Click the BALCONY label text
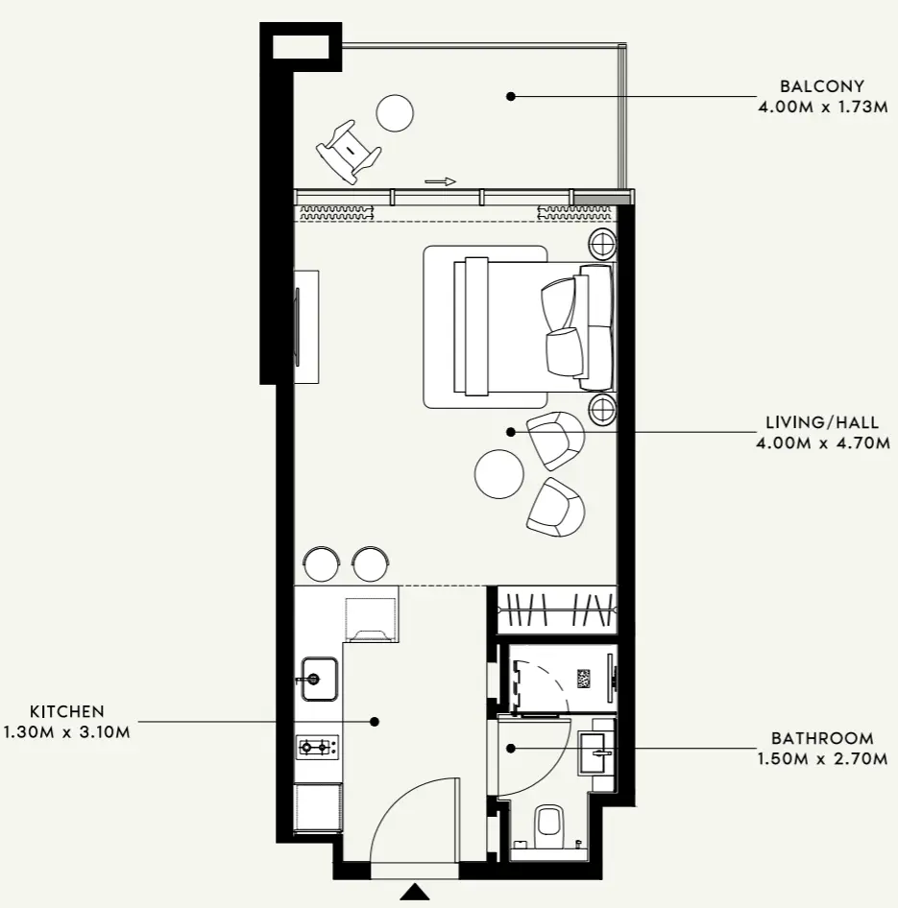point(822,86)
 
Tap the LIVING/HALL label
point(822,422)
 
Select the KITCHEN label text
point(67,711)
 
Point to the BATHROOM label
point(822,738)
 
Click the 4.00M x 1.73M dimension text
point(823,108)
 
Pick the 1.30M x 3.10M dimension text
point(66,732)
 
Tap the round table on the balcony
point(395,113)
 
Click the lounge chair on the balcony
point(349,152)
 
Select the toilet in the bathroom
point(548,821)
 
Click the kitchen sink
point(318,679)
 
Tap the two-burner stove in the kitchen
point(318,747)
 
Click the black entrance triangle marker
point(415,892)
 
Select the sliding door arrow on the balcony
point(440,181)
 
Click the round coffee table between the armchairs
point(498,474)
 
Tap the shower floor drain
point(583,679)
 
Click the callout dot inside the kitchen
point(375,722)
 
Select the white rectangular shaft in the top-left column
point(302,47)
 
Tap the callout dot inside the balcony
point(510,96)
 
